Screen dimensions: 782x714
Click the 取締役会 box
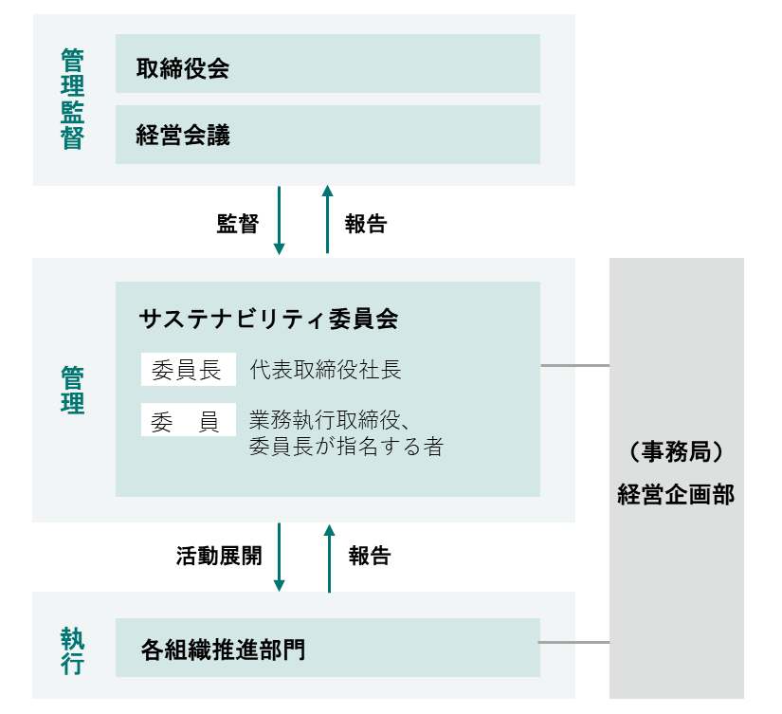click(328, 64)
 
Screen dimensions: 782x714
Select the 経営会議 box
click(328, 135)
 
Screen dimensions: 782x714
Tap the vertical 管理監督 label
click(72, 99)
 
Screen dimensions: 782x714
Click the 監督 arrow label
click(238, 224)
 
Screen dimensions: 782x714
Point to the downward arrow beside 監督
click(280, 220)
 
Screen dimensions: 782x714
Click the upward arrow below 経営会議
click(327, 219)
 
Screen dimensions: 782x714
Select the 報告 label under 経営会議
click(366, 224)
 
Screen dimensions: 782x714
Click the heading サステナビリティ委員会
click(269, 319)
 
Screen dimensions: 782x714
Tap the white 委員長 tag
click(188, 369)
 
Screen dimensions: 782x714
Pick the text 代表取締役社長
click(326, 370)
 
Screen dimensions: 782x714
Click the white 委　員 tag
click(188, 420)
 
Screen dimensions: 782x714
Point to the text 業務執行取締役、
click(330, 420)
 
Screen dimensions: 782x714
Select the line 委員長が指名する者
click(346, 446)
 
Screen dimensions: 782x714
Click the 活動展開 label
click(219, 556)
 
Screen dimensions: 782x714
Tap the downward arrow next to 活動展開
click(280, 558)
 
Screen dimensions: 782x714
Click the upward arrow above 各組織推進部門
click(329, 558)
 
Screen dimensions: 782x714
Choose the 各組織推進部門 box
click(328, 648)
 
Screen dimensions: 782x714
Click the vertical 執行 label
click(72, 651)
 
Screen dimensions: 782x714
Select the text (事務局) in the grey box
click(676, 452)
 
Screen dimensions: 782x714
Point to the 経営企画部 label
click(676, 495)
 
